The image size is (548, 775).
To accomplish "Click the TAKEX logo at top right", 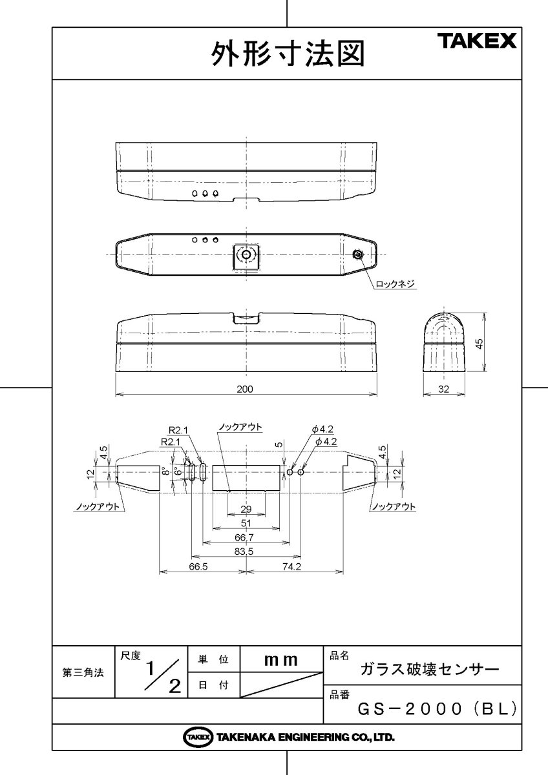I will click(478, 41).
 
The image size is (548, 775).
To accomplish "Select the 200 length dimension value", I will click(246, 389).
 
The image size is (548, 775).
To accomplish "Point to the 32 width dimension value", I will click(443, 389).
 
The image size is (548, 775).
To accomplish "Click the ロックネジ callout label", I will click(394, 284).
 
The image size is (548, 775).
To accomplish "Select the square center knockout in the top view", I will click(246, 256).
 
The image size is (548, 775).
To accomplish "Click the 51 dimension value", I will click(246, 524).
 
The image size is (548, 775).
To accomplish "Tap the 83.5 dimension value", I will click(246, 551).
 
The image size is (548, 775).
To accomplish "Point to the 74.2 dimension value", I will click(293, 566).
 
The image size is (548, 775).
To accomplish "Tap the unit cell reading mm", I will click(281, 660).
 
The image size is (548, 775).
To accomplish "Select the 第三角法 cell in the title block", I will click(83, 672).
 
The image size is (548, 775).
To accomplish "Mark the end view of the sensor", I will click(443, 341).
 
